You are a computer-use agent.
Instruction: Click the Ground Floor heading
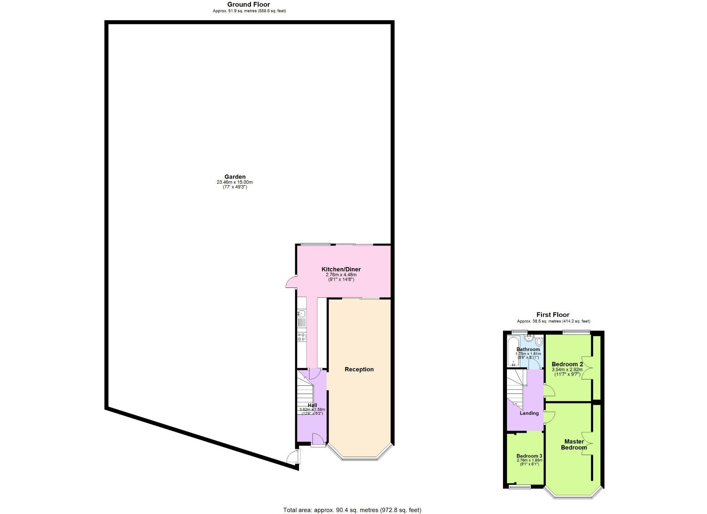tap(249, 5)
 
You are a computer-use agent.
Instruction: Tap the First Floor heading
tap(553, 315)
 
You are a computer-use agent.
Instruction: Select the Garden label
tap(235, 177)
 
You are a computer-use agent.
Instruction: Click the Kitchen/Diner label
tap(341, 269)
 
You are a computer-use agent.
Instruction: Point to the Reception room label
tap(359, 370)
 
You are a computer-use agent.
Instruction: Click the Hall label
tap(312, 405)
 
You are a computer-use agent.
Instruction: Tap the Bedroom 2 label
tap(567, 364)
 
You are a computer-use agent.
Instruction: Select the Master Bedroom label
tap(574, 444)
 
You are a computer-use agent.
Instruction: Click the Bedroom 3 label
tap(529, 456)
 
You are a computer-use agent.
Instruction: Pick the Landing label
tap(529, 413)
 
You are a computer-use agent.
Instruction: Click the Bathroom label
tap(528, 349)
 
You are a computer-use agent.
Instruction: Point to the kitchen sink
tap(302, 314)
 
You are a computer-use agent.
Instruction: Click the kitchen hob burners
tap(302, 337)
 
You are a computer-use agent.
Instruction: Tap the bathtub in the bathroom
tap(513, 352)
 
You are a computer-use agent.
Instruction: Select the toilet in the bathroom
tap(539, 342)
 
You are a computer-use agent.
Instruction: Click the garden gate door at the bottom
tap(293, 457)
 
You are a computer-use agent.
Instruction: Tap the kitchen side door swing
tap(291, 283)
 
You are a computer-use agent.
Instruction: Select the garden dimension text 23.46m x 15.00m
tap(235, 182)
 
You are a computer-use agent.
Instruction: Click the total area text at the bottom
tap(352, 510)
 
